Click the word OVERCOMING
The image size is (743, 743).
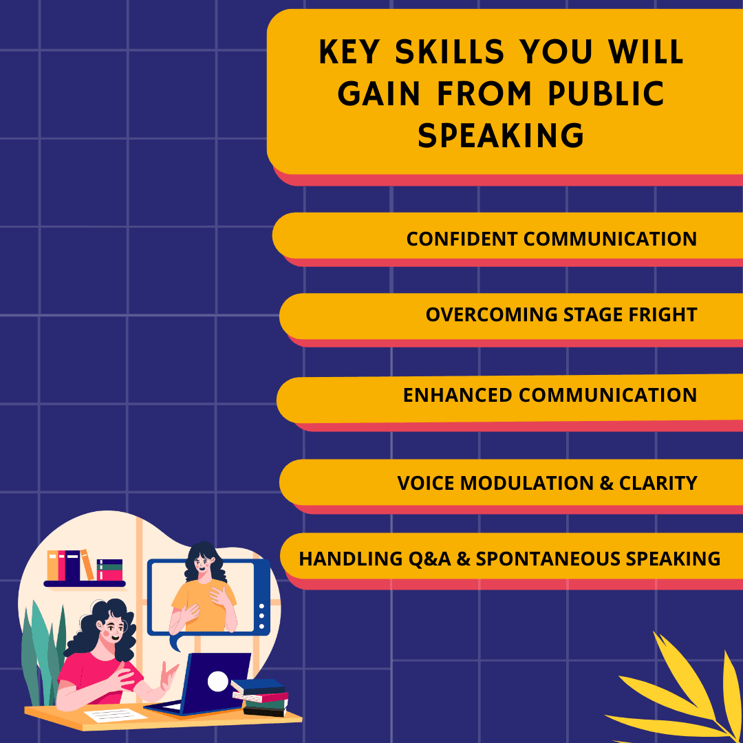(x=491, y=315)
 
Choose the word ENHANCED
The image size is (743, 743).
(x=457, y=396)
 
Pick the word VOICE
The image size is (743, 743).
(x=425, y=483)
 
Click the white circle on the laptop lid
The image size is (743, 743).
(x=218, y=681)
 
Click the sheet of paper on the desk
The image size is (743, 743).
(x=116, y=715)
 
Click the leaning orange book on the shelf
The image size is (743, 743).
(x=87, y=565)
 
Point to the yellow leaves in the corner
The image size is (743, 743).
(x=681, y=695)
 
